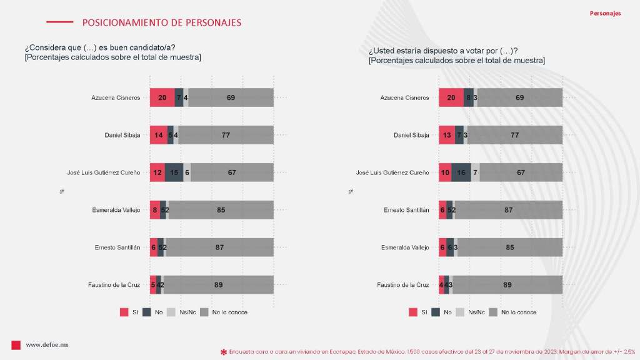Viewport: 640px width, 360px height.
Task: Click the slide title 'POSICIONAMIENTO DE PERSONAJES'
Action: pyautogui.click(x=161, y=22)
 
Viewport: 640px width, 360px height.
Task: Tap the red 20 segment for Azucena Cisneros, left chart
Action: pyautogui.click(x=162, y=97)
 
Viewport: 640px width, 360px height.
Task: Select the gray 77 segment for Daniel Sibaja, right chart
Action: pyautogui.click(x=515, y=135)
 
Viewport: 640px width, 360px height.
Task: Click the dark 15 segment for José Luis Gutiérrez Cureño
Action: pyautogui.click(x=174, y=172)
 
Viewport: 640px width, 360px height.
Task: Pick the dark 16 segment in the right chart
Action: pyautogui.click(x=461, y=172)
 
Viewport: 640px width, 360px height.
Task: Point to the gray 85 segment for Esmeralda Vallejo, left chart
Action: pyautogui.click(x=221, y=210)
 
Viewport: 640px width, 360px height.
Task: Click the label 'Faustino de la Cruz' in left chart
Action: pyautogui.click(x=114, y=285)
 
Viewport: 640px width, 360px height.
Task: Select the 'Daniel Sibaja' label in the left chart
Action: pyautogui.click(x=122, y=135)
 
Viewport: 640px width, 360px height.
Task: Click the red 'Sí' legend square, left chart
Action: pyautogui.click(x=123, y=312)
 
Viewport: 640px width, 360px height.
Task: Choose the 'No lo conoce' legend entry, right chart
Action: pyautogui.click(x=512, y=312)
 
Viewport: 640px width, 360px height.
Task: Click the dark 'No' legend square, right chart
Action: pyautogui.click(x=435, y=312)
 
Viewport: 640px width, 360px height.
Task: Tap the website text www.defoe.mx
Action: pyautogui.click(x=47, y=345)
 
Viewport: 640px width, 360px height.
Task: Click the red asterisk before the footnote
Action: pyautogui.click(x=224, y=352)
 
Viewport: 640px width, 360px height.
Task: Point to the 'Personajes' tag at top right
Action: pyautogui.click(x=605, y=13)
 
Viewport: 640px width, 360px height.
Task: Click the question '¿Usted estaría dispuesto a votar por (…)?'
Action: pyautogui.click(x=443, y=51)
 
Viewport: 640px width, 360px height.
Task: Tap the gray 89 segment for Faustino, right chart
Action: pyautogui.click(x=507, y=285)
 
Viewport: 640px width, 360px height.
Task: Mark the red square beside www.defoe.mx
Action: pyautogui.click(x=16, y=345)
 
